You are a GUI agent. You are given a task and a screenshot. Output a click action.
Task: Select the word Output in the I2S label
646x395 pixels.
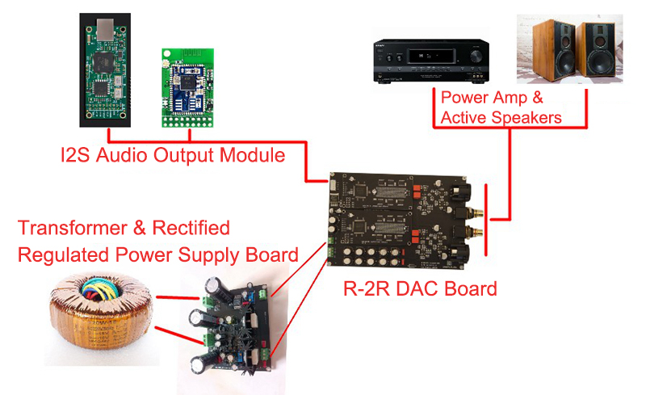187,155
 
